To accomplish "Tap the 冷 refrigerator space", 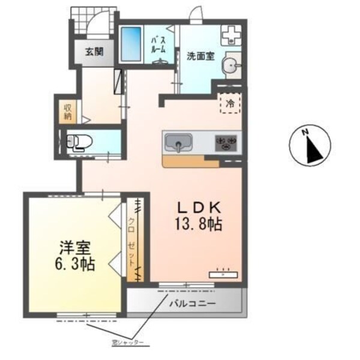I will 230,103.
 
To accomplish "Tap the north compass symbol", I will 310,146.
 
